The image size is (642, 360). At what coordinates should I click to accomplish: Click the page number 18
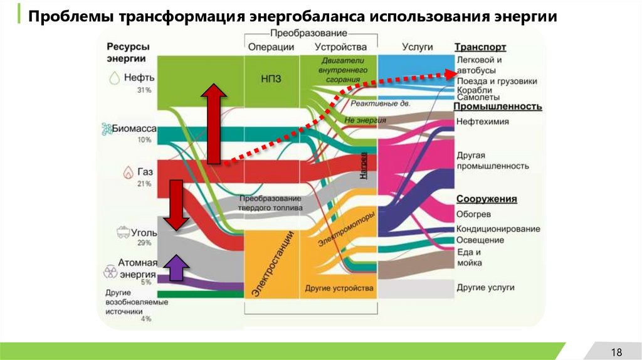pos(616,351)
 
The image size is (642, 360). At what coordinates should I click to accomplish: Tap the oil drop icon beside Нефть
pos(114,78)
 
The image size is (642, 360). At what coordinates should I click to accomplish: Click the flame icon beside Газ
pos(128,171)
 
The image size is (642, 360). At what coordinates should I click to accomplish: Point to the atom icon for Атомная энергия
pos(110,272)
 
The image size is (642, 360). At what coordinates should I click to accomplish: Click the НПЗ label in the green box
pos(271,78)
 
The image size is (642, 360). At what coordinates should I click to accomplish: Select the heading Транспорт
pos(480,47)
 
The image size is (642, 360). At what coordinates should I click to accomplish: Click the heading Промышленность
pos(498,107)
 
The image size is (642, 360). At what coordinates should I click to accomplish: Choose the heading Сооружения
pos(487,199)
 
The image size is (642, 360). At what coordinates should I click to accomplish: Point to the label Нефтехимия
pos(483,122)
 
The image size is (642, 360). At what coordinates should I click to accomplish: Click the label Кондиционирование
pos(498,229)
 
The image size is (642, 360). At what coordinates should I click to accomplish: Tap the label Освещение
pos(480,240)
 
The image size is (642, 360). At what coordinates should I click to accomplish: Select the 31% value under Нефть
pos(145,90)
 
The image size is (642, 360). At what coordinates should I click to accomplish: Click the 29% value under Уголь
pos(145,243)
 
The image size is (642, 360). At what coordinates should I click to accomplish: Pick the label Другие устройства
pos(339,289)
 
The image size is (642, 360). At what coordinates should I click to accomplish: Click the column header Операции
pos(271,47)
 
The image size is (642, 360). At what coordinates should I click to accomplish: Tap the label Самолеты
pos(478,98)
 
